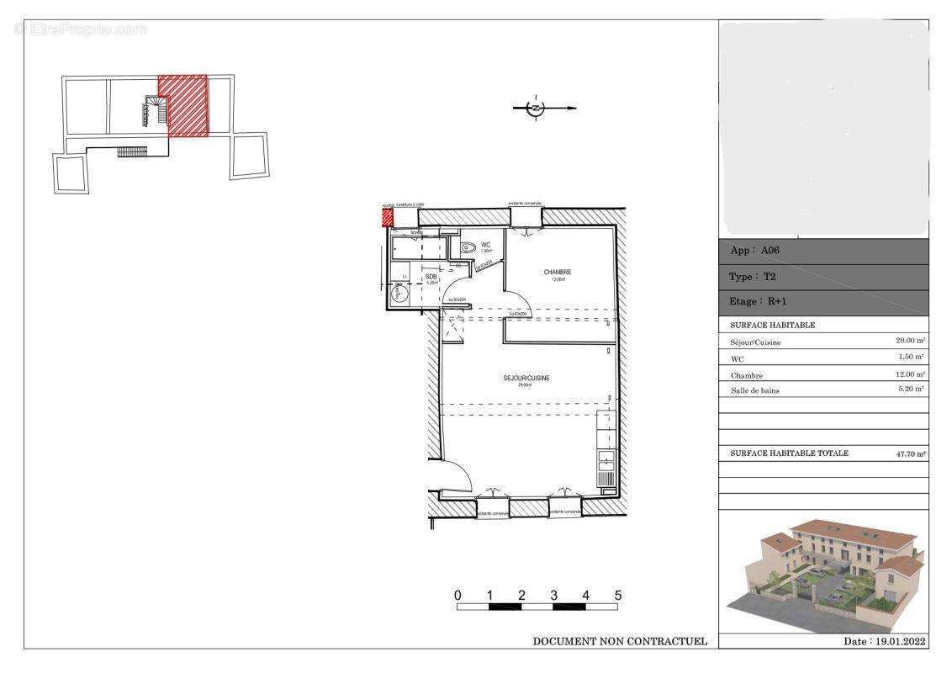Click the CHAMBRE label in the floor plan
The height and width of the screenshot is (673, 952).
pos(558,272)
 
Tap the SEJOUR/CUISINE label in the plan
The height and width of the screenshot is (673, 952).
pos(526,379)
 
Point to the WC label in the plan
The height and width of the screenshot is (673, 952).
pos(486,245)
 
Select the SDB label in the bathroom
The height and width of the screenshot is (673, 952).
pos(431,277)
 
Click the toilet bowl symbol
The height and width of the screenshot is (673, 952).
pos(468,247)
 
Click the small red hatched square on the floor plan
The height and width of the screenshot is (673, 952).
pos(388,217)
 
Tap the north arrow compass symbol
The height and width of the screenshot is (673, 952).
pos(536,108)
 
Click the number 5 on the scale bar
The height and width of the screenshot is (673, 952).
pos(617,596)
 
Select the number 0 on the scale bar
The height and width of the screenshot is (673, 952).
pos(457,596)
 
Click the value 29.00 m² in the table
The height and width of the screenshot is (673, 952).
pos(910,342)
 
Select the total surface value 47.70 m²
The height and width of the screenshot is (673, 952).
pos(910,453)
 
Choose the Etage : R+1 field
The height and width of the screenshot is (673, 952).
pos(756,302)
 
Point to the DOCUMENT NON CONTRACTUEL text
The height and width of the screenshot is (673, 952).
pos(620,642)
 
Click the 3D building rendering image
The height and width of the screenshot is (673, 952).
pos(824,572)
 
